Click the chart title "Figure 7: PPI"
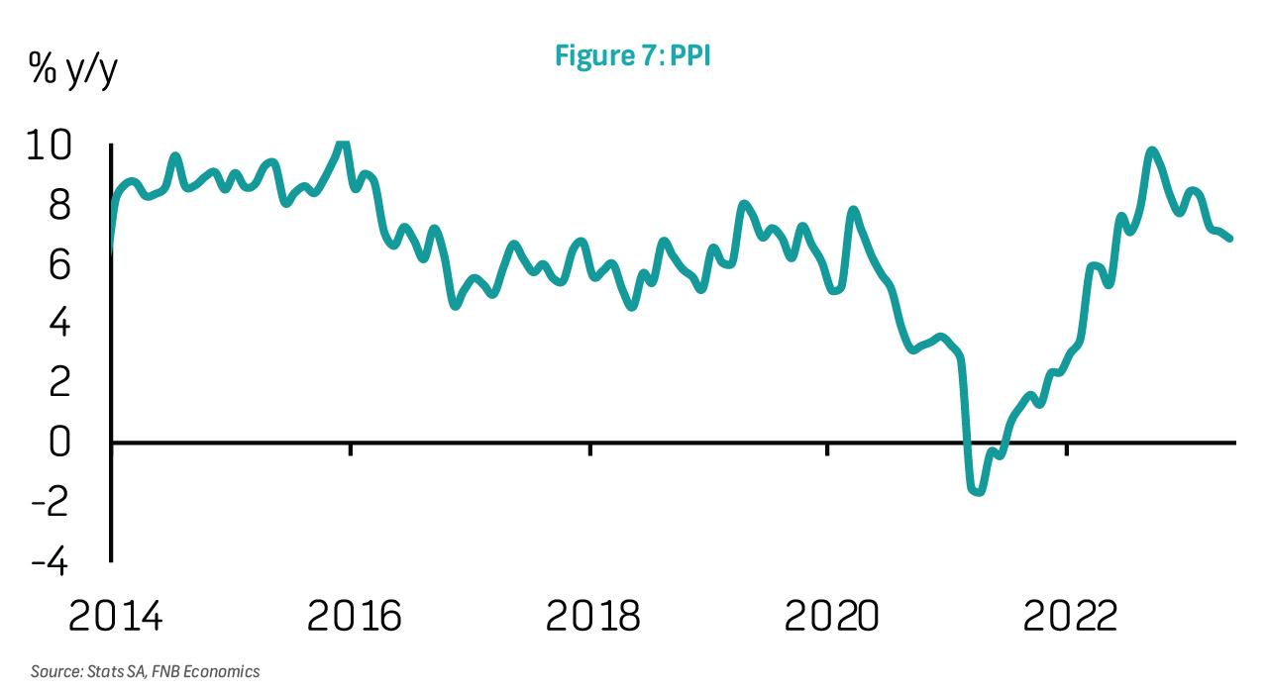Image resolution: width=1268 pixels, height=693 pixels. click(633, 55)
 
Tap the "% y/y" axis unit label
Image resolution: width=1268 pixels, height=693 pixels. click(72, 71)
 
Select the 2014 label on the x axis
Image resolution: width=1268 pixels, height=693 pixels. click(115, 616)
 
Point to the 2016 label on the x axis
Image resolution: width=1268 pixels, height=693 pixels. click(354, 616)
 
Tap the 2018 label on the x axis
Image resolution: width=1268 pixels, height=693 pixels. click(592, 616)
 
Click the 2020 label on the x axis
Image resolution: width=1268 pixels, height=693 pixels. click(831, 616)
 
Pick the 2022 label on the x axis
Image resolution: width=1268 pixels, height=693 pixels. click(1070, 616)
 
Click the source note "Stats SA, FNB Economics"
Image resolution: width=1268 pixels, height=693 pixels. click(145, 671)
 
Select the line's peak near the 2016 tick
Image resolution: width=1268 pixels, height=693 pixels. click(343, 146)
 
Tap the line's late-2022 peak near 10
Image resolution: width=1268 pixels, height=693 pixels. click(1151, 151)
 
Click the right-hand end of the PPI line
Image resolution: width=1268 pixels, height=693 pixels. click(1230, 239)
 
